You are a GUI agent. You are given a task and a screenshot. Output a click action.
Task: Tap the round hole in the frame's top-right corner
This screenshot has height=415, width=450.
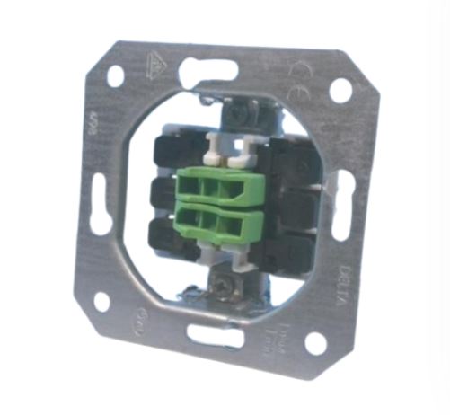click(x=340, y=90)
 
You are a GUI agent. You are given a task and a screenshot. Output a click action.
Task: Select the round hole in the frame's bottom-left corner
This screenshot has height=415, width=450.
click(x=101, y=301)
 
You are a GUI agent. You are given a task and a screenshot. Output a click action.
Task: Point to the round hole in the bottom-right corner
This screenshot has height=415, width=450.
click(x=315, y=342)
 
